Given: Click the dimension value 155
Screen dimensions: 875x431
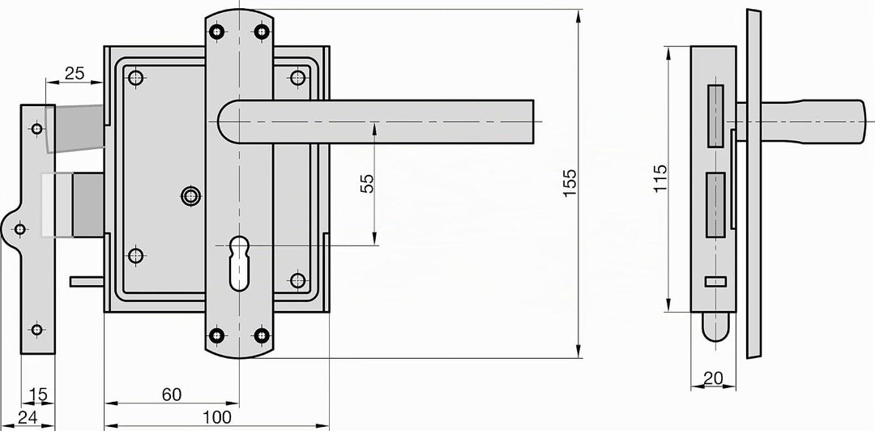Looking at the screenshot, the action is click(x=570, y=183).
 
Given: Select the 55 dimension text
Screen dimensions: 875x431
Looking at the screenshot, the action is click(x=367, y=184).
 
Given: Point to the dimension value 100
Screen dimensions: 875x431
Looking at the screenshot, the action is click(x=217, y=416).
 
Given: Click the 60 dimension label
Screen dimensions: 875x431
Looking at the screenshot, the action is click(x=172, y=395).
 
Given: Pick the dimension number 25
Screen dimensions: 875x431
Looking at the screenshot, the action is click(x=75, y=73).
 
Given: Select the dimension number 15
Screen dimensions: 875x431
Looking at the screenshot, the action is click(x=38, y=395).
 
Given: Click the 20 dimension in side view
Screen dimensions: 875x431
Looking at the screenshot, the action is click(x=713, y=378).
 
